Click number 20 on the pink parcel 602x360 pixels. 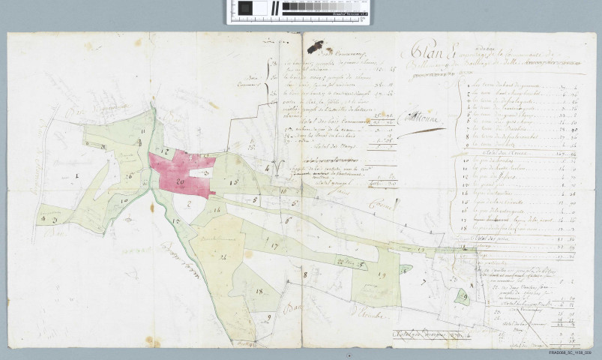tap(180, 181)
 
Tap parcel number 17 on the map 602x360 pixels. tap(275, 245)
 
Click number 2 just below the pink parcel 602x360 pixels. tap(189, 202)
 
